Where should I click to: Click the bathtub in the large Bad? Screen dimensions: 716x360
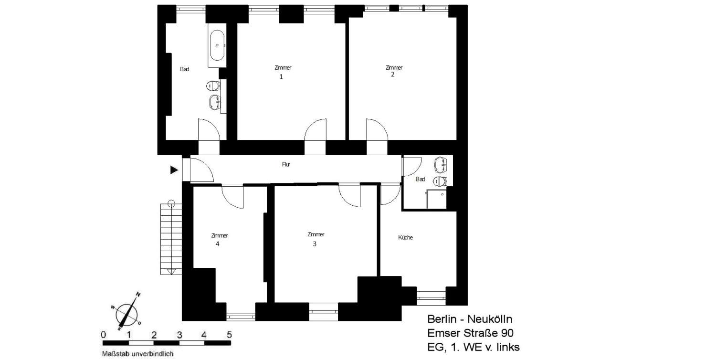(x=217, y=45)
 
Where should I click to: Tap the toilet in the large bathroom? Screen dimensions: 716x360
(x=213, y=85)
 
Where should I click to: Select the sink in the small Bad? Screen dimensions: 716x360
(x=441, y=164)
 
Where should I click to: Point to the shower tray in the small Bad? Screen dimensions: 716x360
(x=437, y=199)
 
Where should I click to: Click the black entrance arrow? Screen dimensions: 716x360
(x=174, y=170)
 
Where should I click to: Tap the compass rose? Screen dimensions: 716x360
(x=127, y=312)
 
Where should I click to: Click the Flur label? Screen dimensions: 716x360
(x=286, y=164)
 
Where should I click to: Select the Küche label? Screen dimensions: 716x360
(x=405, y=238)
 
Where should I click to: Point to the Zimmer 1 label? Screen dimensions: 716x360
(x=283, y=72)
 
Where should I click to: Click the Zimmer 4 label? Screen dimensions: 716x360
(x=219, y=240)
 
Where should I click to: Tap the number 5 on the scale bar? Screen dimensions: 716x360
(x=229, y=335)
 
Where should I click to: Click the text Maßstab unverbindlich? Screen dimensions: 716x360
(x=138, y=354)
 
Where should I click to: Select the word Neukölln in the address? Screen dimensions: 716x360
(x=490, y=319)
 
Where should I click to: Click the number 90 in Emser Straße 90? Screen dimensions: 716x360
(x=507, y=333)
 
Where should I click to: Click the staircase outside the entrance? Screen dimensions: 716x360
(x=171, y=239)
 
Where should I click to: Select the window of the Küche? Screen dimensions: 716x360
(x=431, y=298)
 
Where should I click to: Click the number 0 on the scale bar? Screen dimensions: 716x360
(x=103, y=335)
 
